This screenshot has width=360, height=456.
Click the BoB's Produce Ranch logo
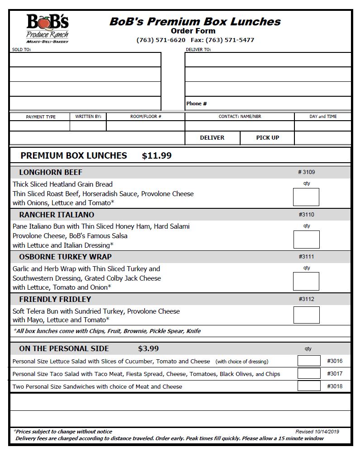click(47, 28)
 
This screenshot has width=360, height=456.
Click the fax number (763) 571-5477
click(230, 40)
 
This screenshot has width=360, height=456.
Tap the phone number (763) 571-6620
click(161, 40)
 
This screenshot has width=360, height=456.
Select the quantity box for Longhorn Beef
click(306, 197)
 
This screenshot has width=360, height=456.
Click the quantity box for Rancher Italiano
click(306, 240)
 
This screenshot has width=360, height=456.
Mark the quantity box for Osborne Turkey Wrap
click(306, 281)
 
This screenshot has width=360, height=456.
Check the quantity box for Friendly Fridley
click(306, 315)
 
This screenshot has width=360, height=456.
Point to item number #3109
click(306, 172)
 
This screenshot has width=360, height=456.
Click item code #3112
click(306, 299)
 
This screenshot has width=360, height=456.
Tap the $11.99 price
click(156, 156)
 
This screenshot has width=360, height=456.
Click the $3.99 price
click(148, 349)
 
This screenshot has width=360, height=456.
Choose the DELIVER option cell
click(212, 138)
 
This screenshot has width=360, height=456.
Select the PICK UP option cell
click(267, 138)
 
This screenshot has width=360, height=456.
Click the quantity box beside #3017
click(309, 373)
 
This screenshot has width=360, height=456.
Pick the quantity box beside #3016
click(309, 361)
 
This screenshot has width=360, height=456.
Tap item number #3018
click(335, 386)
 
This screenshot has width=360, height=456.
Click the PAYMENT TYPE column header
click(41, 117)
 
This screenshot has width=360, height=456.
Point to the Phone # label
click(196, 103)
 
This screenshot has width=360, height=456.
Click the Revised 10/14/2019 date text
click(317, 432)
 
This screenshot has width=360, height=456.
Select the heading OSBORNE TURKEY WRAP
click(65, 257)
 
